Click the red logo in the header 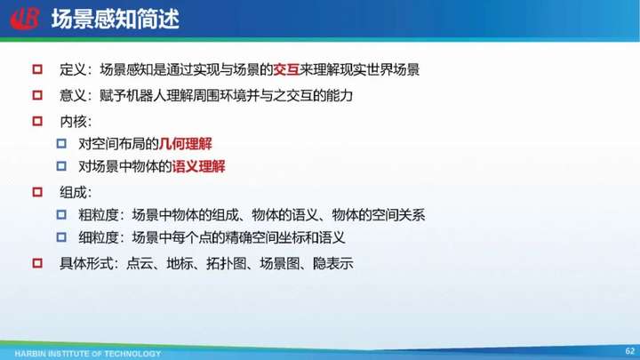25,19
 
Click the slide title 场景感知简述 116,20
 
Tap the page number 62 630,350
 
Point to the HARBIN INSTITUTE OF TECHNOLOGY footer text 88,354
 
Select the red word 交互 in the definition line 286,70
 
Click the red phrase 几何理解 186,144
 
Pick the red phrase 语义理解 198,166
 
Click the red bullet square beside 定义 37,69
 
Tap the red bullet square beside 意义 37,95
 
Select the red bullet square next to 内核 37,121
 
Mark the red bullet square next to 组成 37,192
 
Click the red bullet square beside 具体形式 37,263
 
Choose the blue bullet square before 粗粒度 61,214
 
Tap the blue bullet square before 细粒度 61,236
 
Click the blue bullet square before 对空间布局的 61,143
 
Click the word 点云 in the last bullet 140,263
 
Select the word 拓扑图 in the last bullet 226,263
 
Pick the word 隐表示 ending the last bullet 333,263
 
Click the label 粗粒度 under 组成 99,215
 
